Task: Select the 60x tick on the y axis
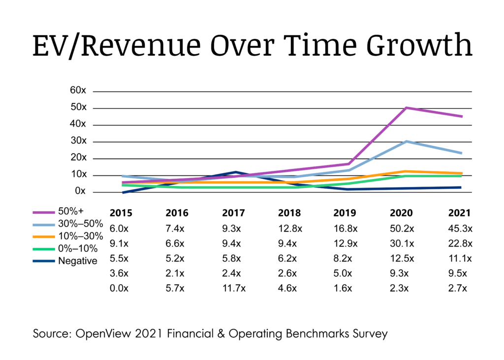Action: (77, 91)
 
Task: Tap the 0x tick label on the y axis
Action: (80, 192)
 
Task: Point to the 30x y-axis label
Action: (77, 141)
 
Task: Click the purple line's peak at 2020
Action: (405, 107)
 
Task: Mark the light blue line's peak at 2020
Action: (405, 141)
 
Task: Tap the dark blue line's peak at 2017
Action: (236, 172)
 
